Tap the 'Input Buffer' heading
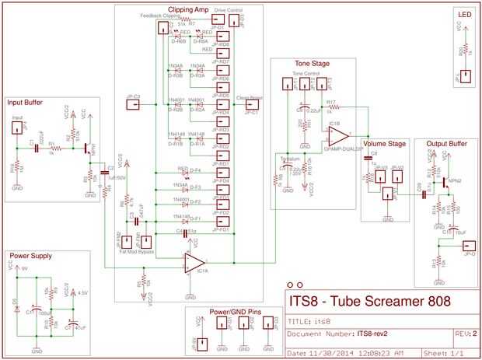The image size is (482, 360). click(x=25, y=102)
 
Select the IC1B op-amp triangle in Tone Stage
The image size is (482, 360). click(x=337, y=135)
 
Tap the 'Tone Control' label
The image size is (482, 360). click(x=308, y=74)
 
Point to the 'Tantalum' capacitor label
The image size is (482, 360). click(x=289, y=157)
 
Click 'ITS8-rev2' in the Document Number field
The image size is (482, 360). click(x=372, y=335)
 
